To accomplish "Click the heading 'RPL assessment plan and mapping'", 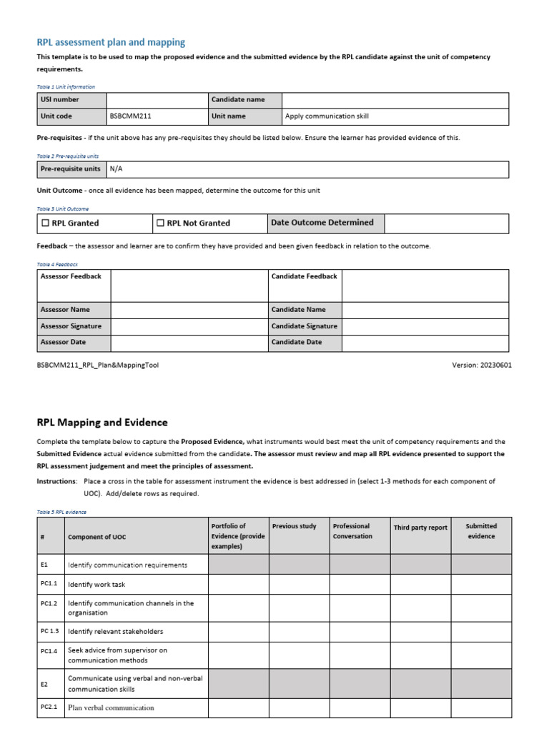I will pos(110,43).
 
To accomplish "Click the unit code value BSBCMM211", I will pos(129,116).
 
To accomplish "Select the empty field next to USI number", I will pos(156,100).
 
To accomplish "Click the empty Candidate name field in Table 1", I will pos(395,100).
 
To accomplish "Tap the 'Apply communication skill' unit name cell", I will pos(327,116).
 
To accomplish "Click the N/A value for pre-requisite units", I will pos(117,168).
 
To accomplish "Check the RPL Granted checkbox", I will pos(44,223).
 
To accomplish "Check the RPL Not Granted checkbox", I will pos(160,223).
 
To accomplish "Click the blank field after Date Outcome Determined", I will pos(446,223).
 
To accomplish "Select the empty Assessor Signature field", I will pos(188,326).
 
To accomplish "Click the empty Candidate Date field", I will pos(425,343).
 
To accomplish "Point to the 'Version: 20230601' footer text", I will pos(481,365).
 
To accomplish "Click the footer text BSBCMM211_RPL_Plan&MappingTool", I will pos(98,365).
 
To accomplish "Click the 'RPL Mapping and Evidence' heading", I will pos(102,423).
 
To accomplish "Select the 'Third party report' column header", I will pos(420,528).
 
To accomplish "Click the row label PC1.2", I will pos(49,603).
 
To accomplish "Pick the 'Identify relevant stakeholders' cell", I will pos(116,631).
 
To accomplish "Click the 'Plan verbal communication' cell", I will pos(111,708).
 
